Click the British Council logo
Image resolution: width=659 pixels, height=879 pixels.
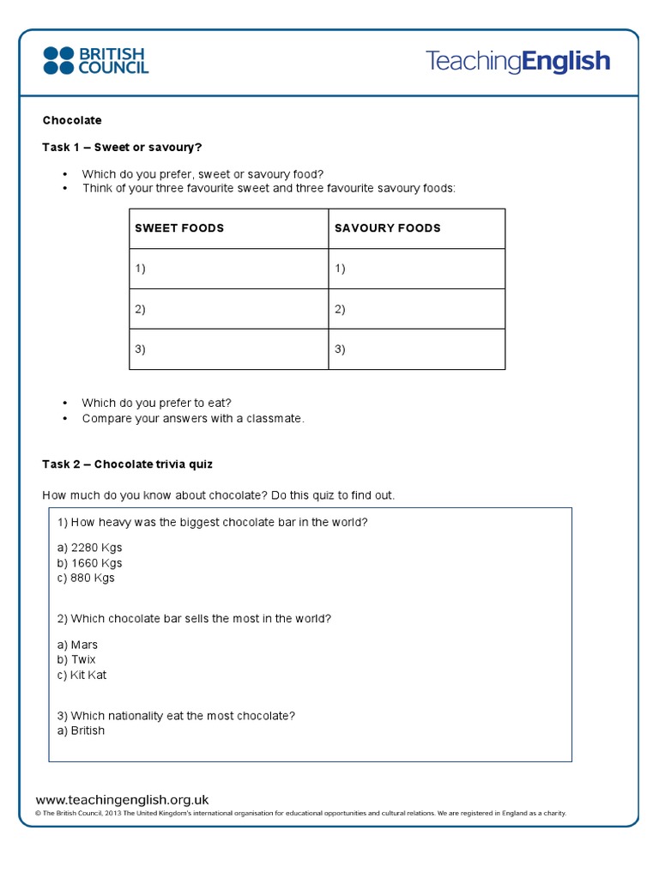(x=95, y=60)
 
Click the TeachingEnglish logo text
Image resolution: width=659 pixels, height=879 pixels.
(x=517, y=61)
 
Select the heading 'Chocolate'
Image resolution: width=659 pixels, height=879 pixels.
(x=72, y=120)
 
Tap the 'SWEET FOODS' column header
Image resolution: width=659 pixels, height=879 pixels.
(x=179, y=228)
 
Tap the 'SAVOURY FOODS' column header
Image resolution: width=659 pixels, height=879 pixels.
(x=387, y=228)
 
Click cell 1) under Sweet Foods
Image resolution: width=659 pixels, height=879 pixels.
(x=228, y=269)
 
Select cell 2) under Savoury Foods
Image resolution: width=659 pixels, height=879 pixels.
(x=416, y=309)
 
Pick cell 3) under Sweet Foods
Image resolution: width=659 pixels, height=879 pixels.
(x=228, y=349)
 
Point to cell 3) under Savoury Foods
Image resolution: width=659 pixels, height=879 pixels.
(x=416, y=349)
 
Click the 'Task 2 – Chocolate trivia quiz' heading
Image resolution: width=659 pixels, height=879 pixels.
(x=128, y=464)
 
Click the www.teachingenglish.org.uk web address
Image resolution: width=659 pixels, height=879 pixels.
(x=122, y=799)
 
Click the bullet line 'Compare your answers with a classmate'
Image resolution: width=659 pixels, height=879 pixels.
(x=193, y=419)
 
